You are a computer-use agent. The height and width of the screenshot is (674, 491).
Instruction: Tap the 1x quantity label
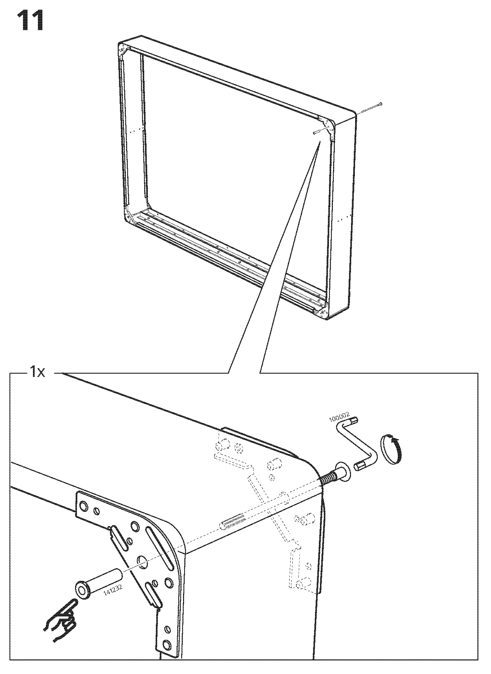tap(38, 373)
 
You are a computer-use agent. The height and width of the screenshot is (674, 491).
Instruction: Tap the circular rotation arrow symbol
tap(391, 449)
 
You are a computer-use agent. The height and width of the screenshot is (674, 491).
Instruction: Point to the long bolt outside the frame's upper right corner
tap(371, 108)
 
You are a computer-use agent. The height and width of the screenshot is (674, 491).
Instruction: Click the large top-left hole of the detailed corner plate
tap(83, 506)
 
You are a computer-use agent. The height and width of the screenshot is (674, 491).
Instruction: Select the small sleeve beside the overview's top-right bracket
tap(316, 132)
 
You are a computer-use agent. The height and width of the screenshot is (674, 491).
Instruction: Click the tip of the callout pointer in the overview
tap(320, 142)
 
